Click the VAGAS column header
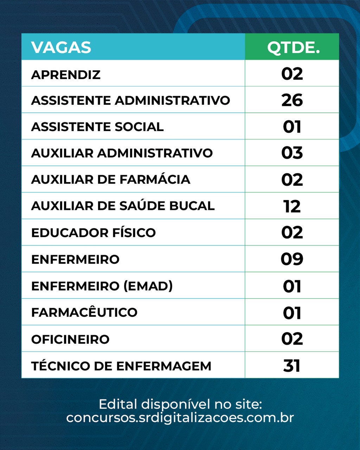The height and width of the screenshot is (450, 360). [61, 47]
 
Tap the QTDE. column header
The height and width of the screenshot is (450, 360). [293, 47]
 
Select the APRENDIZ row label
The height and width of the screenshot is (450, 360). [66, 75]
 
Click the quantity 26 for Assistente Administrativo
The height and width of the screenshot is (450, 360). [292, 100]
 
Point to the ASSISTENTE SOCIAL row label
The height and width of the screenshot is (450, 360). [97, 127]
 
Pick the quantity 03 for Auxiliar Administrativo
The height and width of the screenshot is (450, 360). [292, 153]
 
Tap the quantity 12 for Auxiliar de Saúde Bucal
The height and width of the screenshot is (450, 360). [292, 206]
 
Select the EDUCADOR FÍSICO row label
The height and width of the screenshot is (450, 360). [93, 233]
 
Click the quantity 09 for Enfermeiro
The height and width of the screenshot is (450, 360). [292, 259]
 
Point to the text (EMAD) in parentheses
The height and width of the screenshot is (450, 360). [148, 286]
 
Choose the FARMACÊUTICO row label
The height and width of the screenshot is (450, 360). [84, 313]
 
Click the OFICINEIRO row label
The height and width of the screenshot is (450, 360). [70, 339]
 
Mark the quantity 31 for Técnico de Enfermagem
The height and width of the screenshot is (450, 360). [292, 366]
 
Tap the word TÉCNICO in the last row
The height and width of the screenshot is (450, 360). [59, 366]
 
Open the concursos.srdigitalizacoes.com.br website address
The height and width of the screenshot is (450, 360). [180, 418]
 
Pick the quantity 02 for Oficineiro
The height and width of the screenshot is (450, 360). [292, 339]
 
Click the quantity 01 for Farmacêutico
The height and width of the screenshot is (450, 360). [292, 313]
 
